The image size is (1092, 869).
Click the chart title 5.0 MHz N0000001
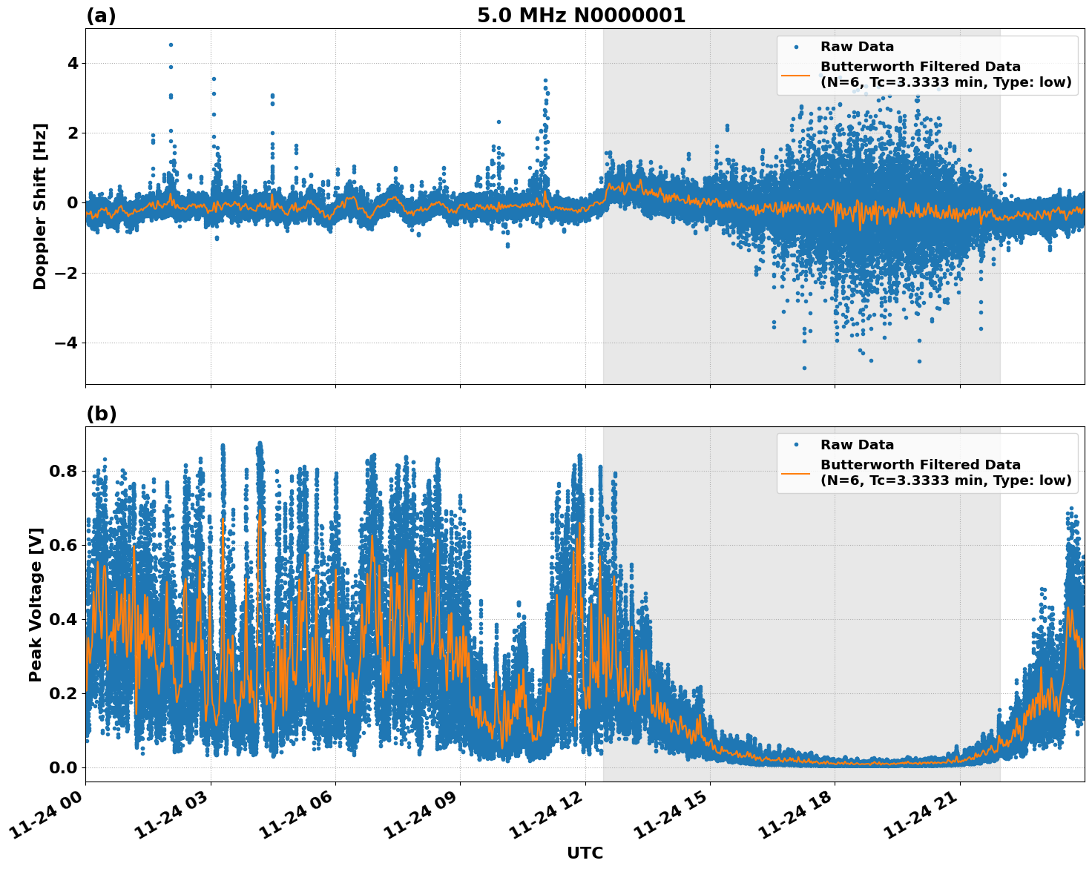[x=581, y=16]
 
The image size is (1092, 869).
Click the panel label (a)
[x=101, y=16]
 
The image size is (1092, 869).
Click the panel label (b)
[x=101, y=414]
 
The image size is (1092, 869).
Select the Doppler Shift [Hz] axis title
[x=40, y=206]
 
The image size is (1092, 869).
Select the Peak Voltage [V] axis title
[x=36, y=604]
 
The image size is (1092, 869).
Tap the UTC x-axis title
[x=585, y=853]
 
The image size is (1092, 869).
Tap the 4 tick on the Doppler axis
[x=72, y=63]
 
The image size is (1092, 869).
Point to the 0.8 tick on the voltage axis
[x=64, y=471]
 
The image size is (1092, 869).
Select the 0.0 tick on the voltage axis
[x=64, y=767]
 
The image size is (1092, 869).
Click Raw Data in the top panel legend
[x=857, y=47]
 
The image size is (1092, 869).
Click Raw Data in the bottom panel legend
[x=857, y=445]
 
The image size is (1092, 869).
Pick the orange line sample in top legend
[x=795, y=75]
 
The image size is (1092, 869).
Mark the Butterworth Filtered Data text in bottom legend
[x=920, y=465]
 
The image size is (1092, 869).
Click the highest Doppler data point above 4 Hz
[x=171, y=44]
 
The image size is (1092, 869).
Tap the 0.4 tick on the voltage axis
[x=64, y=619]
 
